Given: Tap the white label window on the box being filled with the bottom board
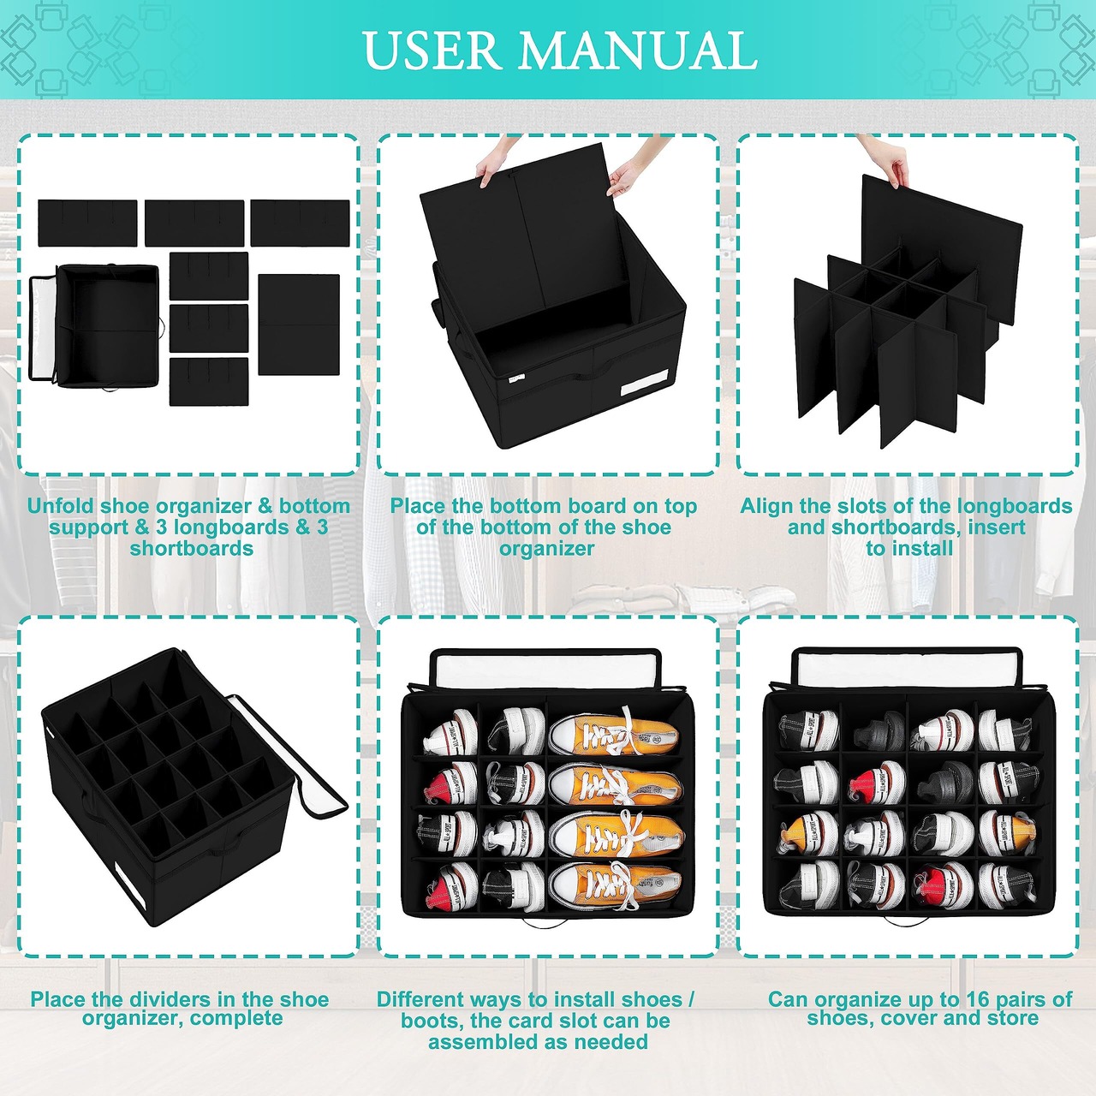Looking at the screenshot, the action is [x=645, y=383].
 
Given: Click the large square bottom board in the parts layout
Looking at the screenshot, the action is [x=299, y=325].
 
